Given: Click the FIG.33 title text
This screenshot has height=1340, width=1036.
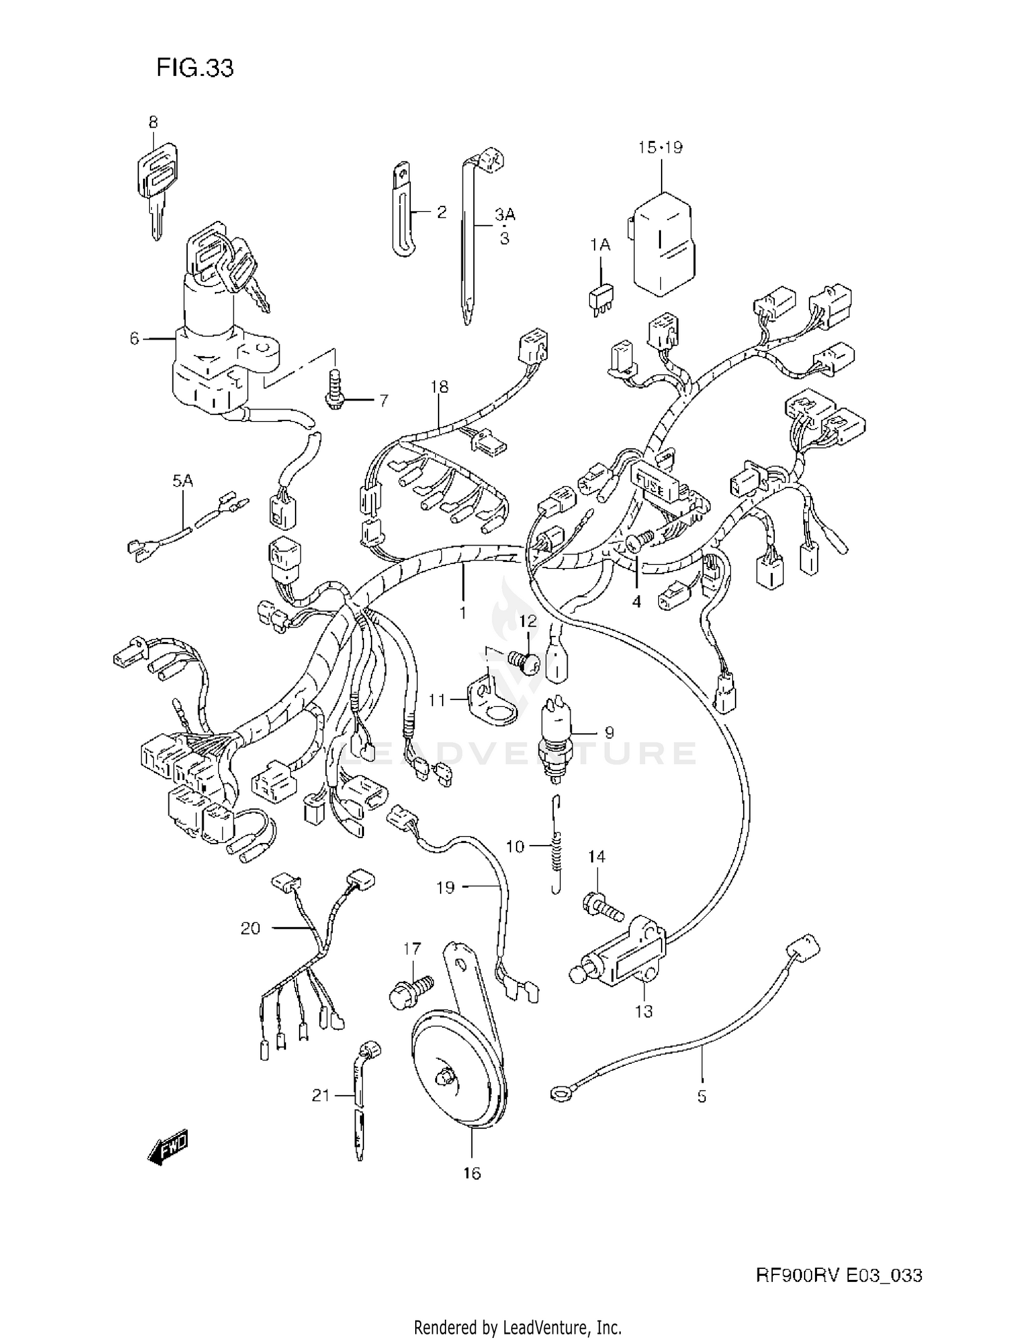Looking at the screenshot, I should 195,68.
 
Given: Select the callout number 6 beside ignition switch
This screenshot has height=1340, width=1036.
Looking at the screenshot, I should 134,339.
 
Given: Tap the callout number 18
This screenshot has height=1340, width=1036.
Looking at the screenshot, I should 439,387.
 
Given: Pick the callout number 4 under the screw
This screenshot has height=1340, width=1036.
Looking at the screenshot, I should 636,601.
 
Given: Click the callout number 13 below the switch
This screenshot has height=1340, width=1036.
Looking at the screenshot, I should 644,1011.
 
